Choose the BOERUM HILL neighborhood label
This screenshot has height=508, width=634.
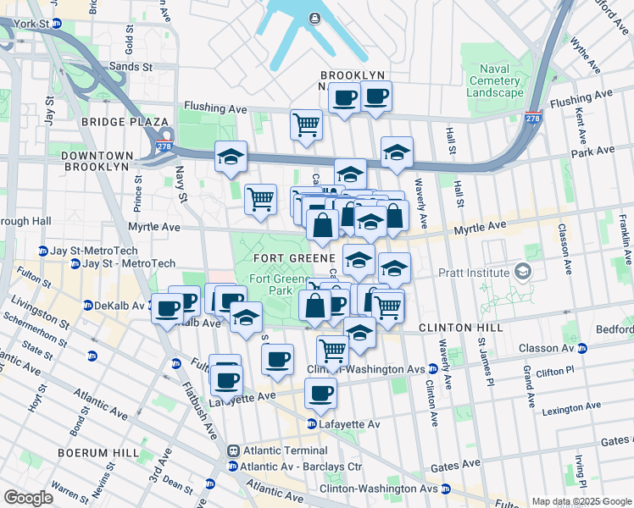tap(97, 453)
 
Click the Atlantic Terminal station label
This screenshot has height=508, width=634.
tap(277, 451)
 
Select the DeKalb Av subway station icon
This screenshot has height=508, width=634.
tap(88, 305)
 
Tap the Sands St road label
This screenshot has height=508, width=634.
tap(130, 65)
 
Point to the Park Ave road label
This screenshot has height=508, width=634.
tap(592, 151)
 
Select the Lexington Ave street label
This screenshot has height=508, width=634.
tap(588, 408)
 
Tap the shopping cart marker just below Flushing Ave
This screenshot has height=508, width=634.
tap(306, 125)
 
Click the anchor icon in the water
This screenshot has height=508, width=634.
tap(314, 18)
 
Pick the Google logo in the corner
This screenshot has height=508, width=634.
tap(29, 498)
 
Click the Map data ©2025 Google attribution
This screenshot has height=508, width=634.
tap(581, 501)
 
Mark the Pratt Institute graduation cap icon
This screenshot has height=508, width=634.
tap(523, 272)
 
